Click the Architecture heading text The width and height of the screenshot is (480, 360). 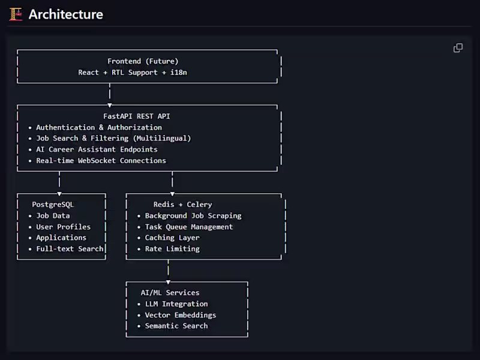pyautogui.click(x=66, y=14)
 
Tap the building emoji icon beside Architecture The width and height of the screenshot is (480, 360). pyautogui.click(x=16, y=14)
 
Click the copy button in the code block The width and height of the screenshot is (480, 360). pyautogui.click(x=458, y=48)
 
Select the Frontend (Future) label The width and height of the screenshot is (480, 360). pyautogui.click(x=143, y=61)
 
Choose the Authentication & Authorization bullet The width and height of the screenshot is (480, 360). pyautogui.click(x=98, y=127)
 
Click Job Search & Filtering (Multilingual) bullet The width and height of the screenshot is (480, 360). pyautogui.click(x=113, y=138)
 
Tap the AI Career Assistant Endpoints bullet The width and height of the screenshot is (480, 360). pyautogui.click(x=97, y=149)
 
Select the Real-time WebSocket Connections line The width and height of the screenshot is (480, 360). pyautogui.click(x=101, y=160)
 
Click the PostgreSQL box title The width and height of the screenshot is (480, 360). pyautogui.click(x=53, y=205)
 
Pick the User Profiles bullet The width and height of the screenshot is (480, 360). pyautogui.click(x=63, y=227)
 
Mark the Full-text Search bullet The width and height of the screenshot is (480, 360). pyautogui.click(x=70, y=248)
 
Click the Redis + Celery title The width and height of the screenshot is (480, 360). pyautogui.click(x=182, y=205)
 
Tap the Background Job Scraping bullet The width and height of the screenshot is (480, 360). pyautogui.click(x=193, y=215)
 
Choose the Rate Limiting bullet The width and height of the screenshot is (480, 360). pyautogui.click(x=172, y=248)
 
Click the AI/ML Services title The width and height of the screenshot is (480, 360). pyautogui.click(x=170, y=293)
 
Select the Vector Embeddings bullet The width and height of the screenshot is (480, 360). pyautogui.click(x=180, y=315)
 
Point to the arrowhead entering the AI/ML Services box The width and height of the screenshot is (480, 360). pyautogui.click(x=169, y=281)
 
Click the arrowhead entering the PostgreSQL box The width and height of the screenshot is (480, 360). pyautogui.click(x=59, y=193)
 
